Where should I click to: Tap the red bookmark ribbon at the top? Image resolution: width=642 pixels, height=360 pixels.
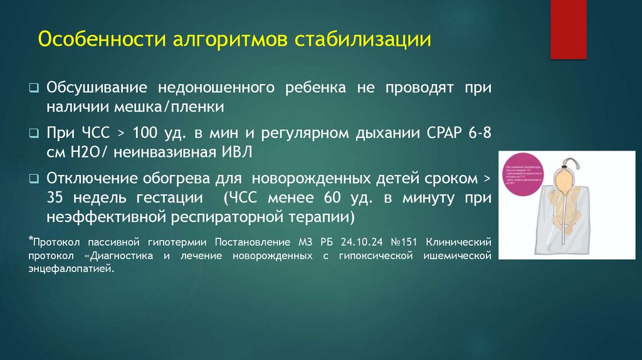(568, 28)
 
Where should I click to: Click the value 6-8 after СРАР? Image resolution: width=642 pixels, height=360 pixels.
(477, 134)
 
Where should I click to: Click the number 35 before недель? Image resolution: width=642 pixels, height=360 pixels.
(56, 199)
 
